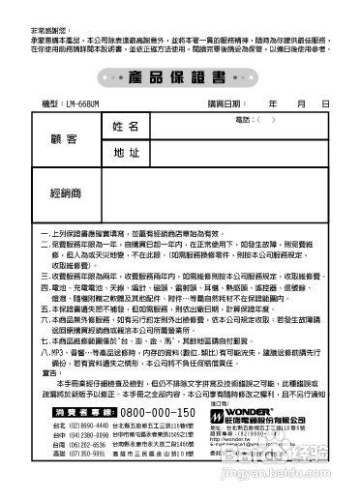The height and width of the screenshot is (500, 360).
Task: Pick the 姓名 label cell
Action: [x=127, y=127]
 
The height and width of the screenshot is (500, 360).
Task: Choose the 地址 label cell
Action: [x=127, y=152]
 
